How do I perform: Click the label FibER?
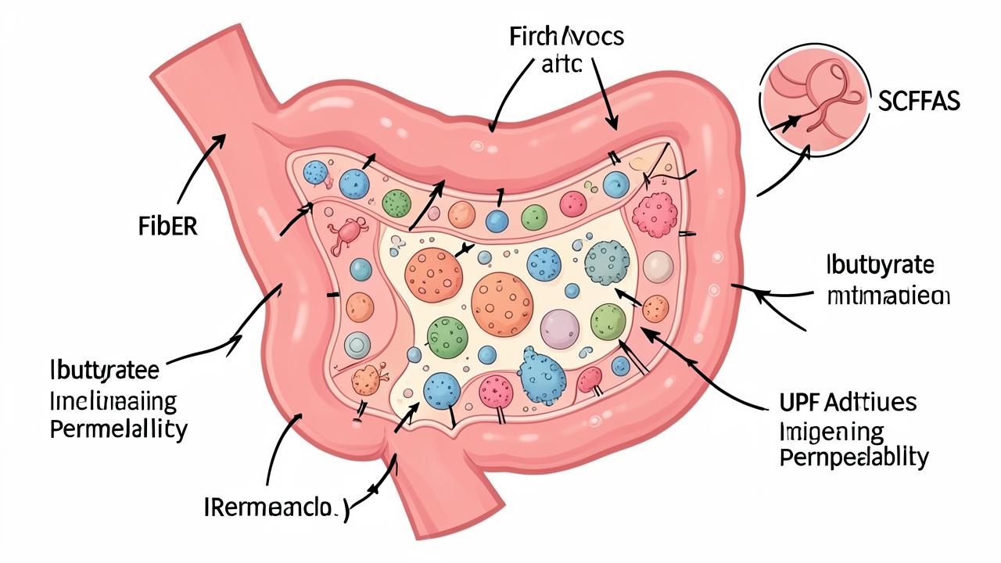pyautogui.click(x=163, y=228)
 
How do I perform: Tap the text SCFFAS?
pyautogui.click(x=919, y=102)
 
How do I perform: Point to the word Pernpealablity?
pyautogui.click(x=854, y=457)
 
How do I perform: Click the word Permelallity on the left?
pyautogui.click(x=118, y=429)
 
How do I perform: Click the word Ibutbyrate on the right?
pyautogui.click(x=879, y=265)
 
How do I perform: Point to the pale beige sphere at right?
pyautogui.click(x=658, y=266)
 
